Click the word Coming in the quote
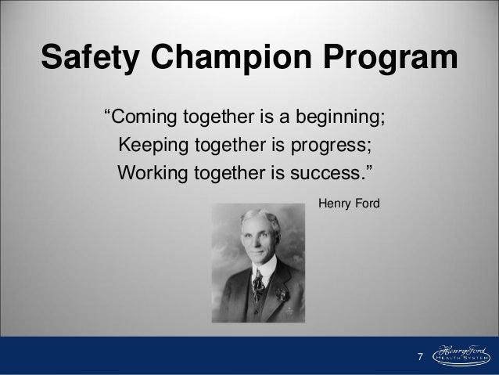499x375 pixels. (148, 120)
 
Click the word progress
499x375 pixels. (330, 146)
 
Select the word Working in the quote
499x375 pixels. (149, 171)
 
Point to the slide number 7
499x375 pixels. (418, 358)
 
